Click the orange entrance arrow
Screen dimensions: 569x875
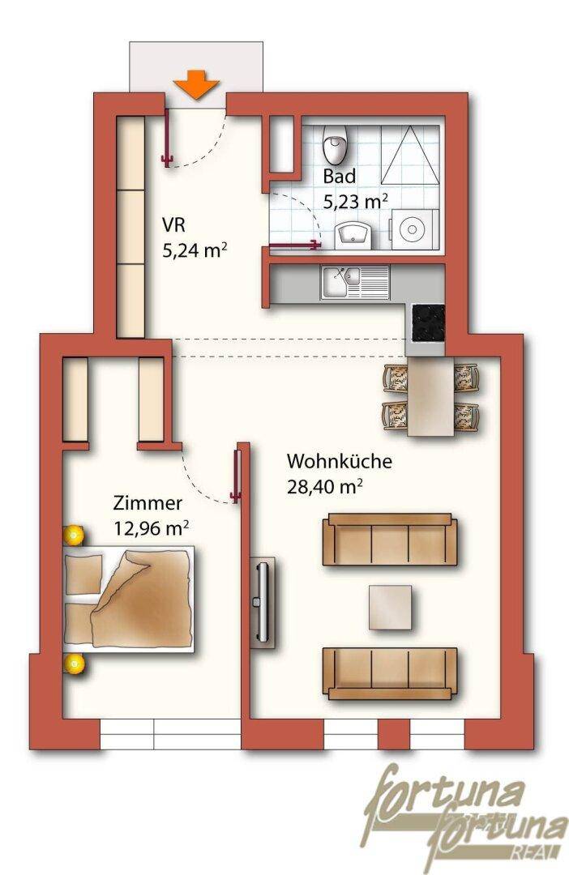195,84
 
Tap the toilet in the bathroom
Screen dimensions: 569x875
335,144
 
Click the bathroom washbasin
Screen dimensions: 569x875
353,234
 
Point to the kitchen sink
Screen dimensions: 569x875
354,282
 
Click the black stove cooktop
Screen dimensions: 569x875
428,322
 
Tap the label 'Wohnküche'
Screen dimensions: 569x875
340,462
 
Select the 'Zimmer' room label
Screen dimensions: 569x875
148,503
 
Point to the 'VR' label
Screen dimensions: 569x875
173,225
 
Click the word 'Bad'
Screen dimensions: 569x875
340,177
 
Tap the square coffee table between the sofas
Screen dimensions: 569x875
391,607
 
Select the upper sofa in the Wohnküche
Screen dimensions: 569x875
390,540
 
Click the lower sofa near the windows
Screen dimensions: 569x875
390,673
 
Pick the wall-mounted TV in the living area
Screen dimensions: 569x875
262,603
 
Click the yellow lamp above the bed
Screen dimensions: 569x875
73,536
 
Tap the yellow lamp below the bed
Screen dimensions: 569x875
74,664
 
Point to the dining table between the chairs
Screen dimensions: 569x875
430,397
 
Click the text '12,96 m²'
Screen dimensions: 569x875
152,527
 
